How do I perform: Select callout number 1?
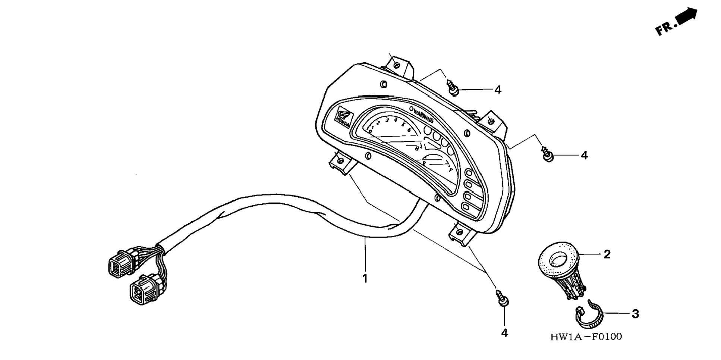365,278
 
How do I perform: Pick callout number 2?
607,254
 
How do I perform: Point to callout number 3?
635,314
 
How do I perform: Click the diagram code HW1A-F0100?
586,337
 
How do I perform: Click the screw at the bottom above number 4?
502,298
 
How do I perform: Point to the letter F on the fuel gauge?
451,170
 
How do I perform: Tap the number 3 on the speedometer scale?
387,120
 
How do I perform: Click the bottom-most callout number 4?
504,333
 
